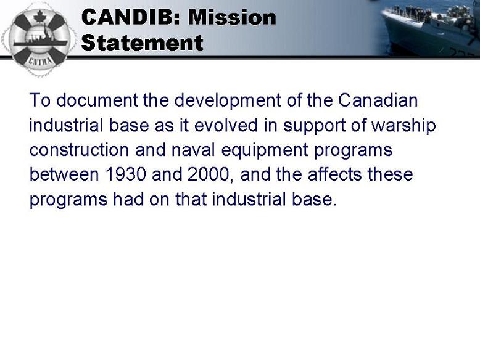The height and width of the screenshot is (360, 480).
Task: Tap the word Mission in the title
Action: click(x=232, y=17)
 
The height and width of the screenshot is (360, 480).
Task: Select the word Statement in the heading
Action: click(x=143, y=43)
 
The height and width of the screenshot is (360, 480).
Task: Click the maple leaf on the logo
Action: click(x=39, y=17)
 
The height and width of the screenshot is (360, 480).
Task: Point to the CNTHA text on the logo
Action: click(x=40, y=60)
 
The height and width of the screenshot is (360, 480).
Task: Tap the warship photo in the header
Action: click(x=429, y=28)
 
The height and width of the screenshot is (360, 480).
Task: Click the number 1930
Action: click(x=125, y=174)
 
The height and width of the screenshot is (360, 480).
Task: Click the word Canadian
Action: click(x=378, y=100)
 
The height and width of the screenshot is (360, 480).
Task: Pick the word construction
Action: click(x=79, y=150)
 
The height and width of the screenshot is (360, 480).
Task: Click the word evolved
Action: click(x=226, y=125)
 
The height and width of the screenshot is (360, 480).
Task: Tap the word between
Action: click(x=64, y=174)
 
